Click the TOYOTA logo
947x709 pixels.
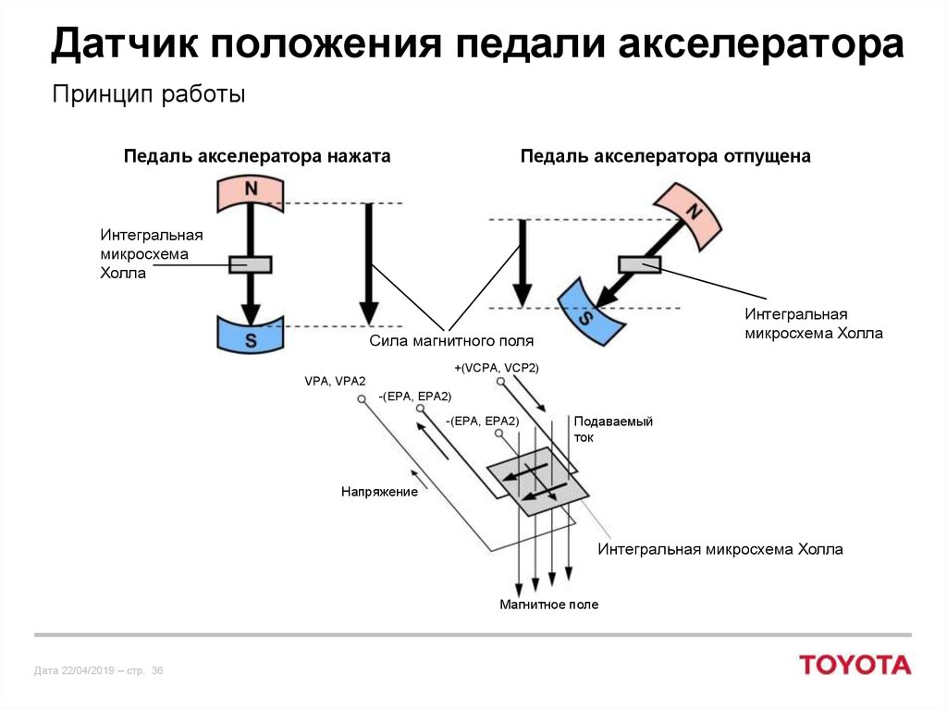pos(855,665)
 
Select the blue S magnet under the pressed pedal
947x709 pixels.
pos(250,334)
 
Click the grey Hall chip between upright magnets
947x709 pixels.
pos(250,264)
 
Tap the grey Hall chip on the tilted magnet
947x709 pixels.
pos(640,264)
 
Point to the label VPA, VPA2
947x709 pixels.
pos(335,381)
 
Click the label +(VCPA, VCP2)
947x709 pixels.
pos(496,368)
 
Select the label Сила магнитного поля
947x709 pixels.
pos(451,342)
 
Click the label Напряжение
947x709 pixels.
pos(379,493)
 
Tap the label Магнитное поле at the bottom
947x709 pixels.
pos(548,605)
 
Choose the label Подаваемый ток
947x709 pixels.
pos(613,429)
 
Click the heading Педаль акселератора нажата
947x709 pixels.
pos(257,157)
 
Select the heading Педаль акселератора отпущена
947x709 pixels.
pos(665,157)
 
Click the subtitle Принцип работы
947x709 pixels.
pos(148,94)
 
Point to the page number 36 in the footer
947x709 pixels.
pos(156,670)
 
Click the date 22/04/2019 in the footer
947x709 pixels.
pos(87,670)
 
